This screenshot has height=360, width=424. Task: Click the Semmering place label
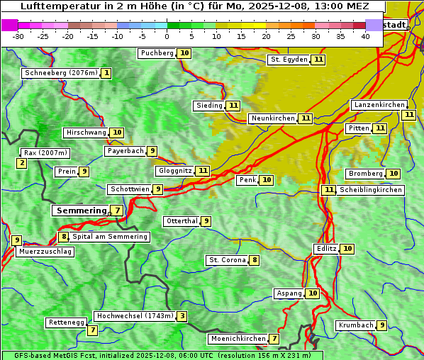pos(79,210)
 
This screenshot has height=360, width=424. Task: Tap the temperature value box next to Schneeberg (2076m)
pos(106,73)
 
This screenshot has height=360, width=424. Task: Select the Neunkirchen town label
pos(272,118)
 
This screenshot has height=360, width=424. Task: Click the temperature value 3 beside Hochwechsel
pos(182,316)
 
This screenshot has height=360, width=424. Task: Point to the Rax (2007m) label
pos(45,152)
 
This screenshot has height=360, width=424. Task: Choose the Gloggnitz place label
pos(174,171)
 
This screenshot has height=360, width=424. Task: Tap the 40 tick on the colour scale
pos(365,36)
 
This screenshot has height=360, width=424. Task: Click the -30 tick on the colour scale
pos(18,36)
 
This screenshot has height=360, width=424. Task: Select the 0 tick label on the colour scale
pos(167,36)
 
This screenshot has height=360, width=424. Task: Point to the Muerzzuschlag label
pos(45,252)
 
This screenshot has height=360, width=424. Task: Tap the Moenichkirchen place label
pos(238,339)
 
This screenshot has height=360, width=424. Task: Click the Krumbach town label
pos(355,325)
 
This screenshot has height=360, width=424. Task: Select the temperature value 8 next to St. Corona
pos(255,260)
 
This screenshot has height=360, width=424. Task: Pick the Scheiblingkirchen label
pos(370,190)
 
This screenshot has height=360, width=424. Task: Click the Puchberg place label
pos(157,53)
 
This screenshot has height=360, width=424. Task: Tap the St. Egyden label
pos(289,60)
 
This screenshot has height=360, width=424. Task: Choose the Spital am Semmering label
pos(110,237)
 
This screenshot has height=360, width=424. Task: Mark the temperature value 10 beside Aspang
pos(313,293)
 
